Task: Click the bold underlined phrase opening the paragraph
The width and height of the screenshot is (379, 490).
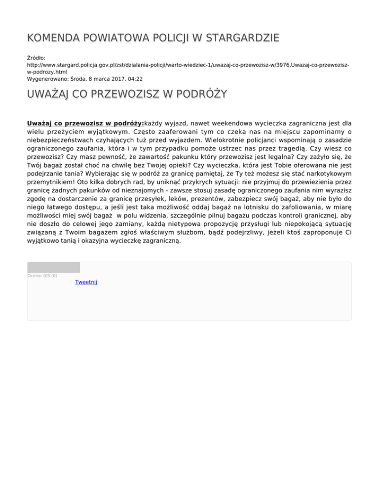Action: click(x=85, y=122)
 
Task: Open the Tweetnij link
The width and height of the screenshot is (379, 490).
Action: click(x=86, y=282)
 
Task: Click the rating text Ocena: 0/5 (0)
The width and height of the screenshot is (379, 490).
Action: click(x=42, y=276)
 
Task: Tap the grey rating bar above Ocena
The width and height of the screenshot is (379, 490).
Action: click(x=53, y=267)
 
